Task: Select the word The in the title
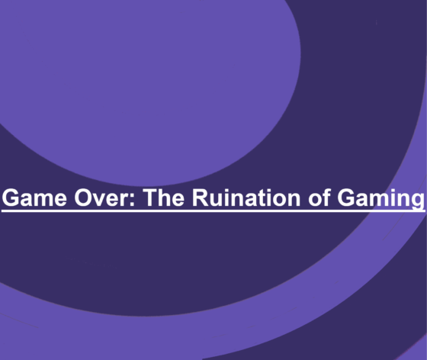point(162,198)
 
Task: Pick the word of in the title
point(313,198)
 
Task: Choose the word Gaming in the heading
point(377,198)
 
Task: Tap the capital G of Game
point(11,198)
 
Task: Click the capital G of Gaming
point(340,198)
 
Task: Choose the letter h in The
point(162,198)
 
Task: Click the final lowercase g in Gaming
point(416,201)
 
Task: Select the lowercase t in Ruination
point(258,198)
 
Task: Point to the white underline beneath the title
point(213,211)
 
